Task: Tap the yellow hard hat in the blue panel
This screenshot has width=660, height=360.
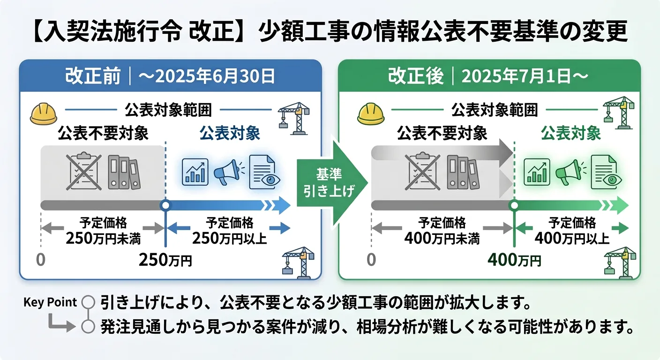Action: click(x=43, y=114)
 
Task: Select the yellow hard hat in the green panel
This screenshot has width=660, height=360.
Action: click(x=370, y=114)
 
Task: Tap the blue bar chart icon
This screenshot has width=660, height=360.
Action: click(x=195, y=172)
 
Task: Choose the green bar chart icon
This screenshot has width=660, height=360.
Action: click(x=536, y=172)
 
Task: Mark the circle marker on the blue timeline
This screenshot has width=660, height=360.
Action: click(x=165, y=205)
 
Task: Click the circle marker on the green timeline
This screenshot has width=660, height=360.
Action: click(x=514, y=205)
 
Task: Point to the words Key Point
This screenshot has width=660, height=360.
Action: click(x=50, y=302)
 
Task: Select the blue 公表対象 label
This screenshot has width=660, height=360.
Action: click(x=230, y=134)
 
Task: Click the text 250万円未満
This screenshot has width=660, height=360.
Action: click(x=103, y=239)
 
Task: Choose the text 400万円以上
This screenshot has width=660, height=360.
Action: click(x=572, y=239)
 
